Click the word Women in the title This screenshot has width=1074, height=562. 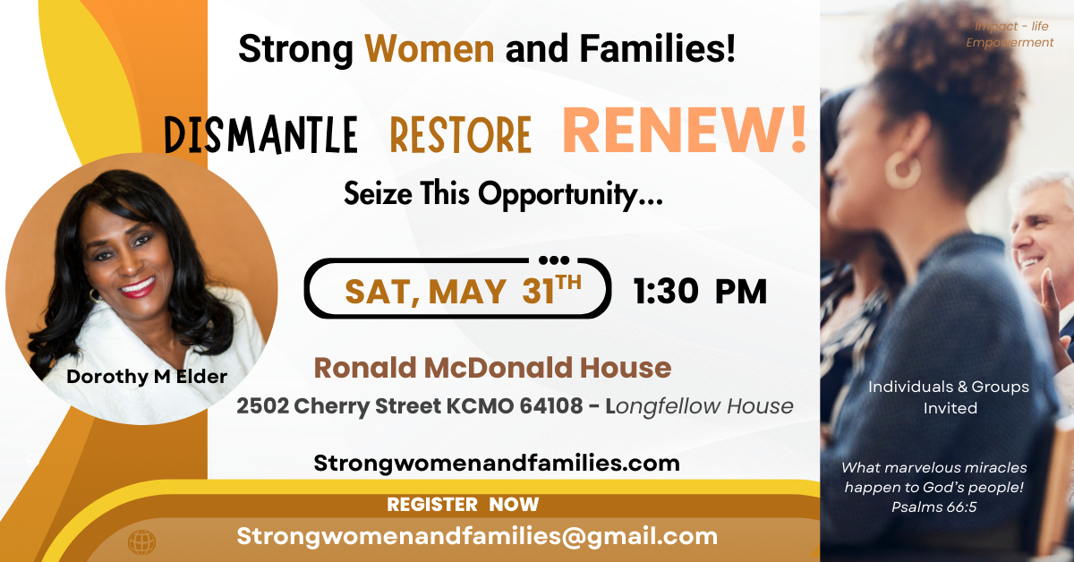click(x=429, y=49)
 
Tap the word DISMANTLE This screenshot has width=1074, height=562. click(x=261, y=135)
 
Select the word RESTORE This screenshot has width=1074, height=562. click(x=460, y=135)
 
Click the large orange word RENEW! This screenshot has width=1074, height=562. click(x=684, y=131)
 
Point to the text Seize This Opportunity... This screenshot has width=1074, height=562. click(x=503, y=194)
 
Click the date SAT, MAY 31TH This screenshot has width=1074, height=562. click(x=464, y=291)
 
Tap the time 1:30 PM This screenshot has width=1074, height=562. click(x=700, y=291)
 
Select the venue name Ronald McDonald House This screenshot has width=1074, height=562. click(x=492, y=368)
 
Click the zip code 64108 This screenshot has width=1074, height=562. click(x=551, y=406)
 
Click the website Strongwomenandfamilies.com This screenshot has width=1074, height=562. click(x=497, y=464)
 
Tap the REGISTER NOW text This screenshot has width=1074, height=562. click(x=463, y=505)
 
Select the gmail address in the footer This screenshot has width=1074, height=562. click(x=477, y=536)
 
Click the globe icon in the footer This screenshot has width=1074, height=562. click(x=142, y=542)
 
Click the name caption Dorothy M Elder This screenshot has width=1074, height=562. click(x=147, y=377)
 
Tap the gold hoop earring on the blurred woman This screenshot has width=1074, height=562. click(x=903, y=169)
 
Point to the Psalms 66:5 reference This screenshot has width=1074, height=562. click(x=934, y=507)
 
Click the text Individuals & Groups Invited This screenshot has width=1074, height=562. click(x=949, y=397)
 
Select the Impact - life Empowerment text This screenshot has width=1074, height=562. click(x=1010, y=34)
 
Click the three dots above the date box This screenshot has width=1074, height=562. click(x=554, y=260)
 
